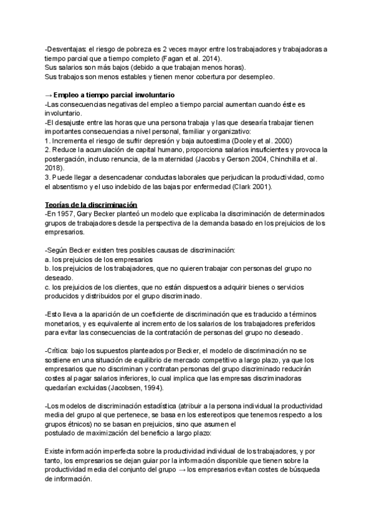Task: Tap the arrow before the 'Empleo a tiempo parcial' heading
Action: [x=49, y=94]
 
